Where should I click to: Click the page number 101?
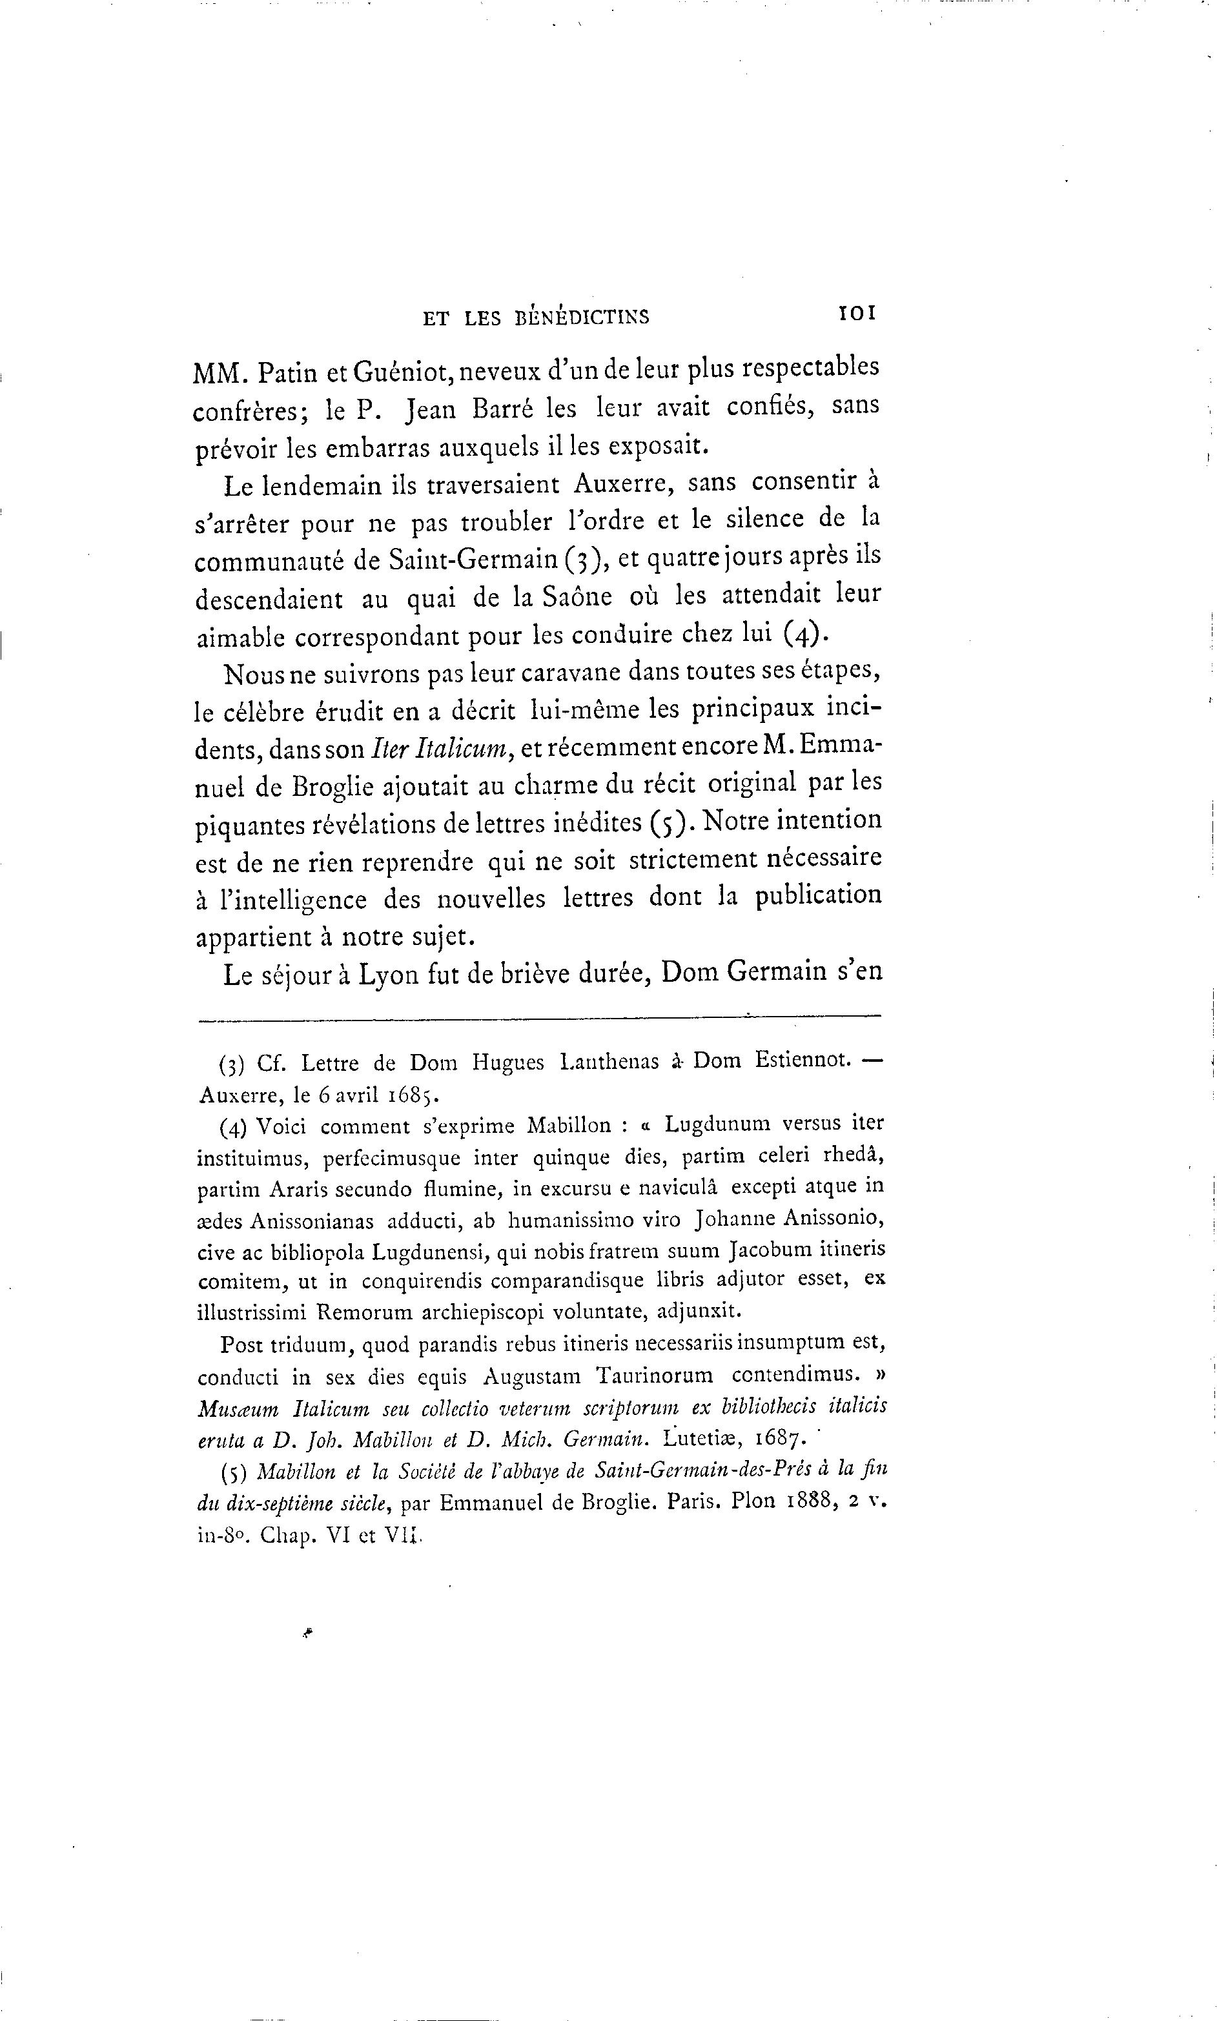pyautogui.click(x=857, y=313)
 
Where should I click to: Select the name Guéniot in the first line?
pyautogui.click(x=400, y=373)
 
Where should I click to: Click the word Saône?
pyautogui.click(x=576, y=597)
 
